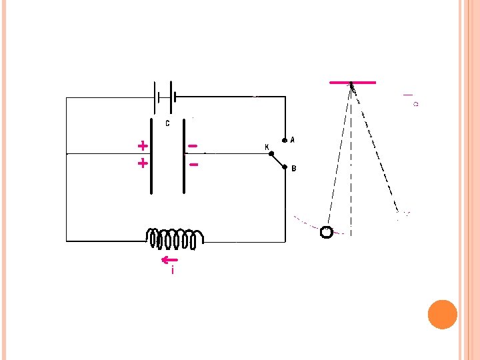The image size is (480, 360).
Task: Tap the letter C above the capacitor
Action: pos(167,123)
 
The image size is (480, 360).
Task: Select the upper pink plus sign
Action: pos(142,145)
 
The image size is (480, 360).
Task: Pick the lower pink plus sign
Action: pos(142,163)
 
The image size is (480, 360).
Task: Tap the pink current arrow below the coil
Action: pos(169,259)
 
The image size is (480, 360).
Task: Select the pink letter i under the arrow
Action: pos(173,271)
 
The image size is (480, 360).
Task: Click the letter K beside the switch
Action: pos(267,147)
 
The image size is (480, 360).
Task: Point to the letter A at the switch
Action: pos(293,140)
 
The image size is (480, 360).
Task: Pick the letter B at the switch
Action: pos(293,169)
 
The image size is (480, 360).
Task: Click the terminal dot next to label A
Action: pos(285,141)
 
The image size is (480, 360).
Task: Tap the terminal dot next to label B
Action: pos(285,168)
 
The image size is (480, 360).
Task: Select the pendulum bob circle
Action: pos(327,232)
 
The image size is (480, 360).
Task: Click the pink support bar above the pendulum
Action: pos(353,82)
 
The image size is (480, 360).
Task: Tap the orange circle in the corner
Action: pos(442,314)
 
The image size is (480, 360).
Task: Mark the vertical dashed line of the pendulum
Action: pos(352,167)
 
